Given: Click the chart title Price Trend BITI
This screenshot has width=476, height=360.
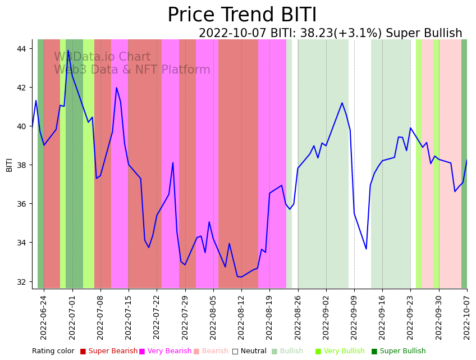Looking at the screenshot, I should (x=242, y=15).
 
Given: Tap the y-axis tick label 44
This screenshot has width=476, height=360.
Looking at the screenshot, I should (x=21, y=49).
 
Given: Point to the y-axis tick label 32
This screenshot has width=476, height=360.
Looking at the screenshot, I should (x=21, y=281).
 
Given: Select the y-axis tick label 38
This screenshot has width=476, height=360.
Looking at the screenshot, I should (x=21, y=165).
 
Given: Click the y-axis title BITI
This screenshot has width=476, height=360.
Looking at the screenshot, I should (x=10, y=165).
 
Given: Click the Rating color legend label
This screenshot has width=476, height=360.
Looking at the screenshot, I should (x=53, y=352).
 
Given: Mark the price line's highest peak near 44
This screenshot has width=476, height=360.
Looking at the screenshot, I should (x=68, y=51).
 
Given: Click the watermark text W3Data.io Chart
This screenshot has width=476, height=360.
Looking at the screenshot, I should (x=102, y=57).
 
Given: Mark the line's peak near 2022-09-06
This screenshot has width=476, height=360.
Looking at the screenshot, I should (x=342, y=103).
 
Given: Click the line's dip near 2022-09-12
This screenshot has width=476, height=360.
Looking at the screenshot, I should (x=366, y=249).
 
